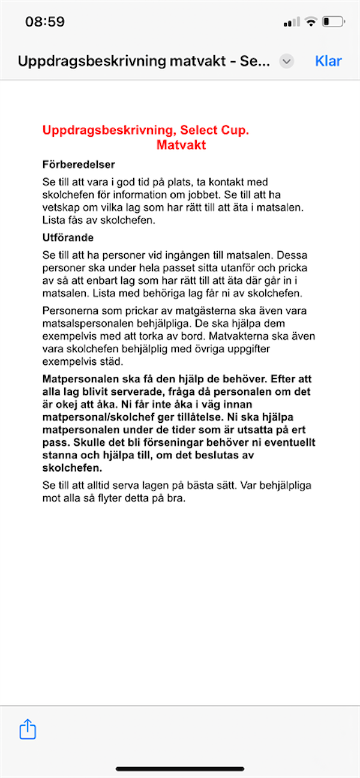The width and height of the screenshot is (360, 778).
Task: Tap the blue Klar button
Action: [x=328, y=61]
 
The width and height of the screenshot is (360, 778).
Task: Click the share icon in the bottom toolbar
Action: [x=28, y=729]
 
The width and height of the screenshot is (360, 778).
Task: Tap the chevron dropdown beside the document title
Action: [x=287, y=61]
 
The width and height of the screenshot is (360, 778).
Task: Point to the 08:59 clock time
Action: [x=45, y=22]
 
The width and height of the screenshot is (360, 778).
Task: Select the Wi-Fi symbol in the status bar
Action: [x=310, y=22]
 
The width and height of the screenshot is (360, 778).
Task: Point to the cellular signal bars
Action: [x=292, y=22]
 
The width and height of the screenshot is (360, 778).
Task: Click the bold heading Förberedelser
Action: [x=79, y=164]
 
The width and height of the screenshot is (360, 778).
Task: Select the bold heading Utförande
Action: [x=68, y=238]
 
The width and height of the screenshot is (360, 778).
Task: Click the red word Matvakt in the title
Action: [x=181, y=145]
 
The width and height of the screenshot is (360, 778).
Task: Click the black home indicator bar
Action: [x=180, y=768]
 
